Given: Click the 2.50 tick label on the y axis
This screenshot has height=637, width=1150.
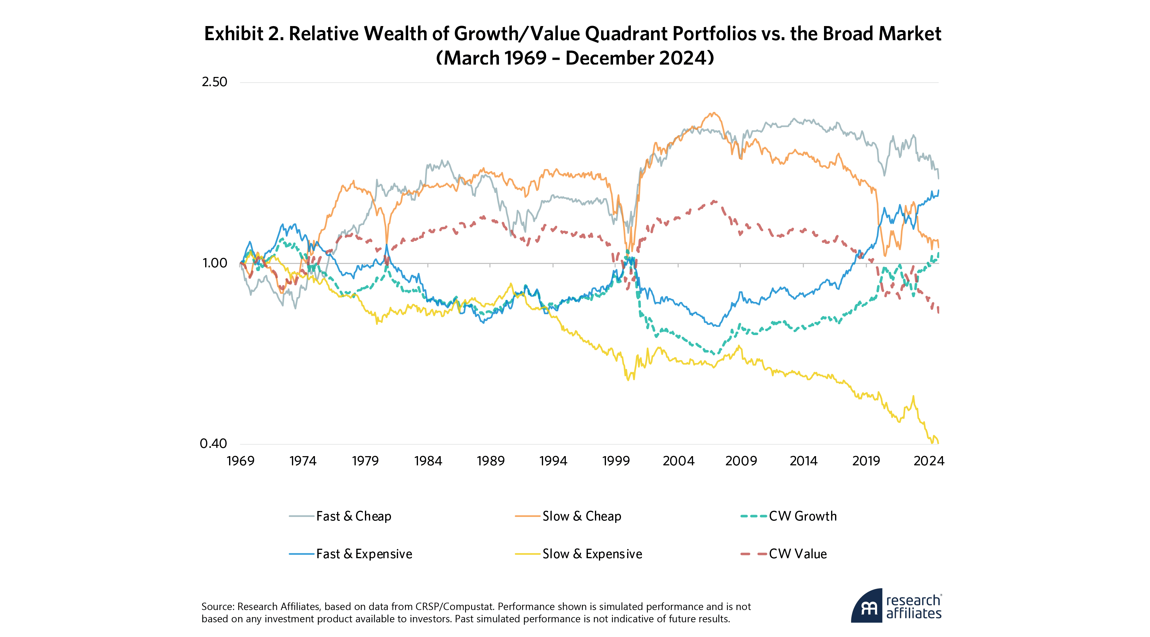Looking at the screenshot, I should tap(214, 82).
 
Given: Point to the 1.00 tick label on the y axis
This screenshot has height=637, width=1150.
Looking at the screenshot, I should tap(215, 263).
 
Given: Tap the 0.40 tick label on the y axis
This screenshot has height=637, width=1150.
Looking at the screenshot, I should tap(213, 444).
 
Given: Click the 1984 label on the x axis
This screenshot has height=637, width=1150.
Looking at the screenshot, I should tap(428, 461).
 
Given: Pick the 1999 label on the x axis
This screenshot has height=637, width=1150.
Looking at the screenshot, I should tap(615, 461).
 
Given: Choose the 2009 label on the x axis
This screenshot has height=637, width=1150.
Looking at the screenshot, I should tap(741, 461).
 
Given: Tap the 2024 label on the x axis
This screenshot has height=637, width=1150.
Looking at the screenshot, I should tap(929, 461).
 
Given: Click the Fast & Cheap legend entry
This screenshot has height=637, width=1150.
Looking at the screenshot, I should tap(353, 517).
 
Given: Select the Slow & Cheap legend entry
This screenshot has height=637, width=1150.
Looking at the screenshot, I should tap(581, 517).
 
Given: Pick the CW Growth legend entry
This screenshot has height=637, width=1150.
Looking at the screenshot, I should tap(802, 517).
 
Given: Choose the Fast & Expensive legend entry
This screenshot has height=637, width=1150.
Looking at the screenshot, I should tap(364, 555).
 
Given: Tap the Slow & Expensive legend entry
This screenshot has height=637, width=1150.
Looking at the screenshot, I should tap(592, 555).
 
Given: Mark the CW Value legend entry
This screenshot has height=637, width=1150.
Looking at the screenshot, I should tap(797, 555).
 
